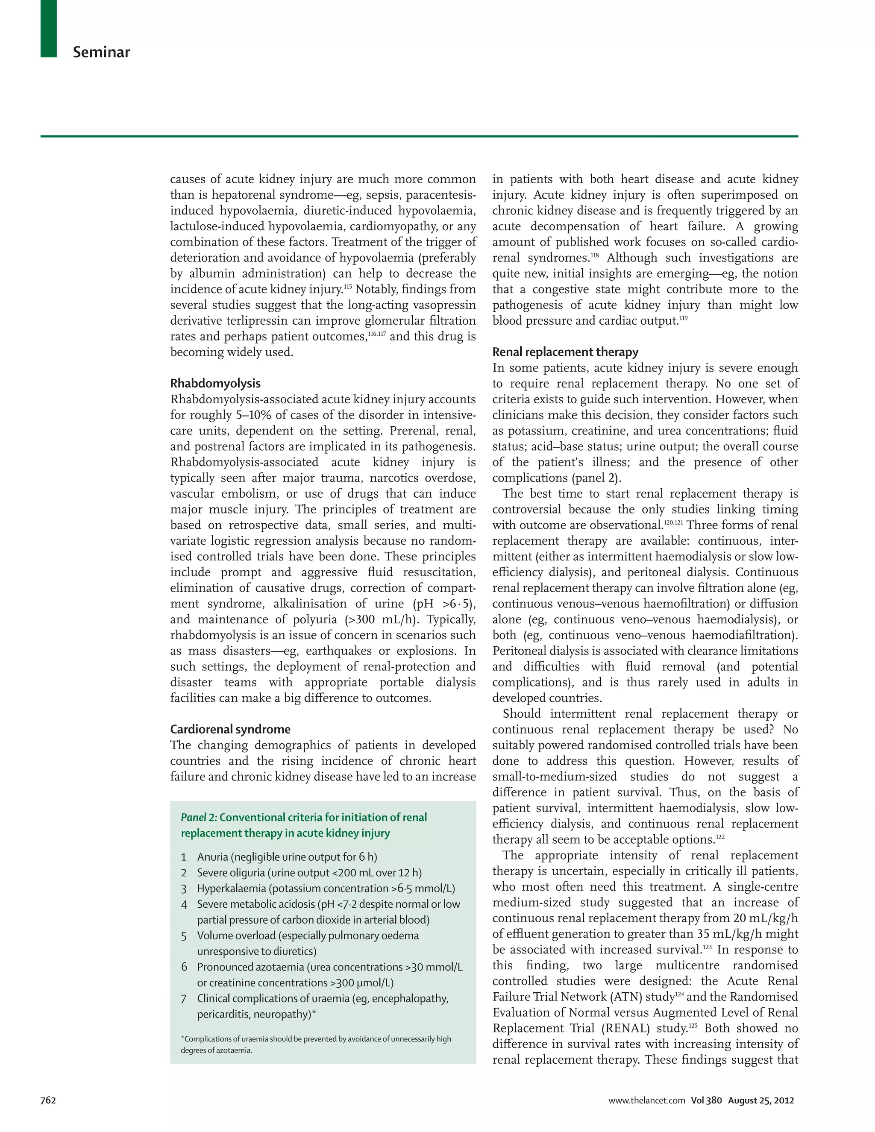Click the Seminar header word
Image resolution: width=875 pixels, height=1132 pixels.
point(101,53)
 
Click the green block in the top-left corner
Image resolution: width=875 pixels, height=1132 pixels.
point(49,29)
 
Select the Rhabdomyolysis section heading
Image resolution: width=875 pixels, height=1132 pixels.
point(215,384)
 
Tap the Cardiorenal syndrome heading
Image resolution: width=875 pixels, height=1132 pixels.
point(230,729)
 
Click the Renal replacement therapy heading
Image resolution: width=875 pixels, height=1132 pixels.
point(565,352)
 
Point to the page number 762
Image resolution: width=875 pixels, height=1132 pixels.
point(48,1100)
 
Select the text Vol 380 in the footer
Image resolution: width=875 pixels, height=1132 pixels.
point(706,1100)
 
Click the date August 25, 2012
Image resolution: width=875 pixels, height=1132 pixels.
point(760,1100)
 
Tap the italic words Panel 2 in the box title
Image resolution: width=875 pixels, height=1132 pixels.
point(199,817)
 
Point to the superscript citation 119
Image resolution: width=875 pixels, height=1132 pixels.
point(683,318)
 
